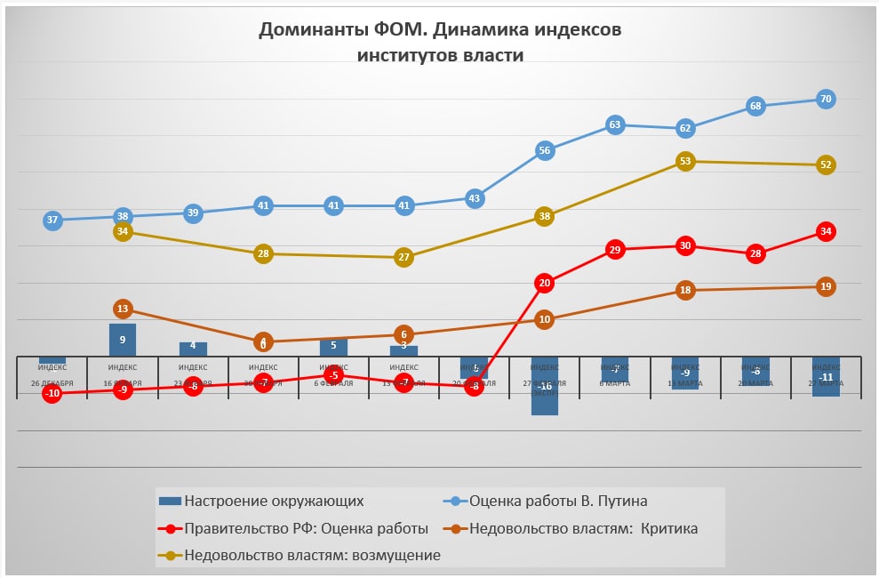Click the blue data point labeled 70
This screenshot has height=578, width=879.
(826, 99)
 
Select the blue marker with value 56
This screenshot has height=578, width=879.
(545, 150)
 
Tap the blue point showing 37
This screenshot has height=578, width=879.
(52, 220)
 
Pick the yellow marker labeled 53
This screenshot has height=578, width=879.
(685, 161)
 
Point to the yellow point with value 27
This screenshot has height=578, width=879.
(404, 257)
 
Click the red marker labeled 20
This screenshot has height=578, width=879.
(545, 283)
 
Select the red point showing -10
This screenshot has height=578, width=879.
(52, 393)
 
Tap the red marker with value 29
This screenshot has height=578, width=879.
(615, 250)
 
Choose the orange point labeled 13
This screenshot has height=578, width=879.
(123, 309)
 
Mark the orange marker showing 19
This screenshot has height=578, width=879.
(826, 286)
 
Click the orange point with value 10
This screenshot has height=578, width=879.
(545, 319)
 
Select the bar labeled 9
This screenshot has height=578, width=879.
(123, 340)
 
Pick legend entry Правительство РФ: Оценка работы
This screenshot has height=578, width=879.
(306, 528)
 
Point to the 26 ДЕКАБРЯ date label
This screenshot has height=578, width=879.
(52, 383)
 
